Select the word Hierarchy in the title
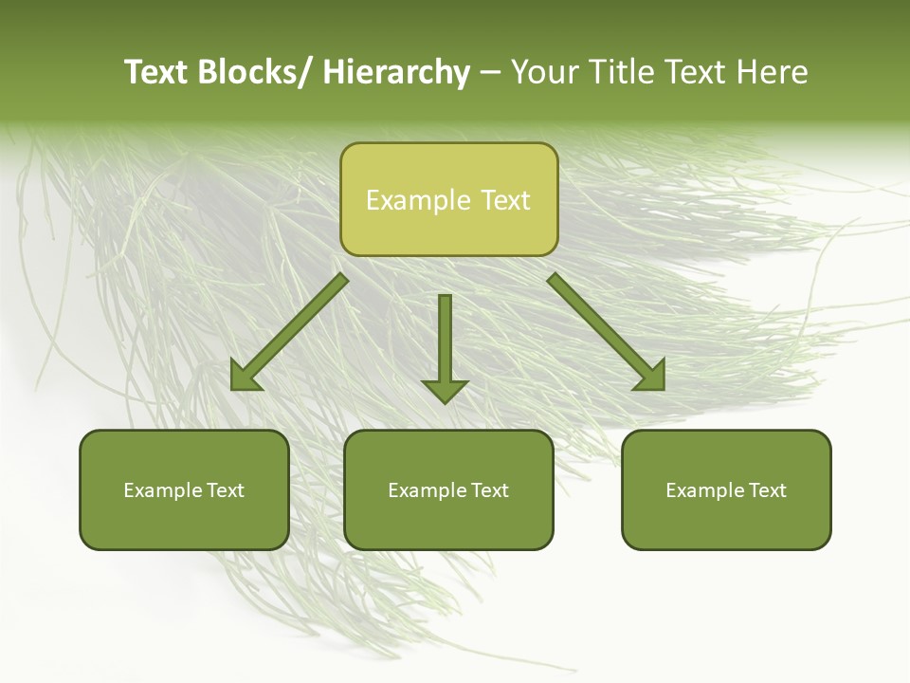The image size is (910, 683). click(x=396, y=72)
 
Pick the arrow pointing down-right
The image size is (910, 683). click(x=607, y=332)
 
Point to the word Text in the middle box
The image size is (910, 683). click(x=489, y=490)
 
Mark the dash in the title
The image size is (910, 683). click(x=490, y=73)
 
